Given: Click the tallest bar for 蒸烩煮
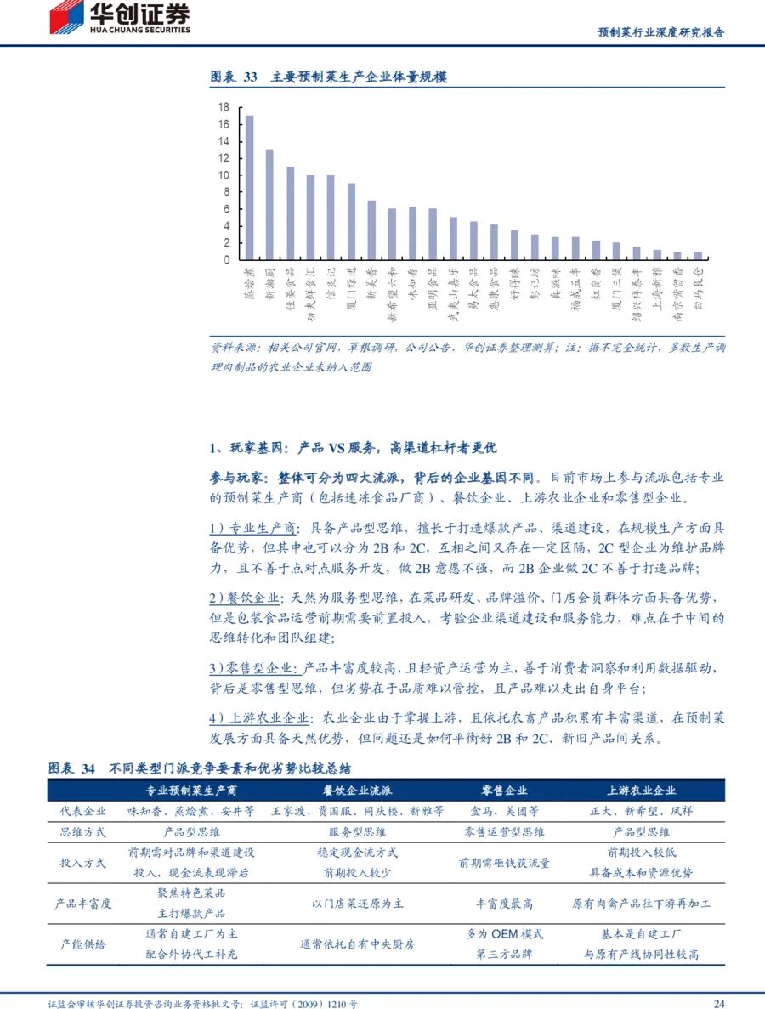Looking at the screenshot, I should tap(249, 187).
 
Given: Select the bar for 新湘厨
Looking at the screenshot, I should tap(269, 204).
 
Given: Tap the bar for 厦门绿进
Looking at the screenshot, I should tap(351, 221).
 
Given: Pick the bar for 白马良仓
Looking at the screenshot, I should tap(698, 255).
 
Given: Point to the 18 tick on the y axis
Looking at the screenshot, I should tap(224, 107).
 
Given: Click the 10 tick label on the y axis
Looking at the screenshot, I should tap(224, 175).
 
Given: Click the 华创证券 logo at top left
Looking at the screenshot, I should tap(119, 18).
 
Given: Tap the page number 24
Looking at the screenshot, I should tap(718, 1004).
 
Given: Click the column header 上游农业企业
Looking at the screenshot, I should tap(641, 790).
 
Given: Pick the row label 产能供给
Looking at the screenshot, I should tap(83, 944).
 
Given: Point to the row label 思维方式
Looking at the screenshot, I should tap(83, 832).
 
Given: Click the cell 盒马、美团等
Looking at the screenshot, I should tap(504, 811).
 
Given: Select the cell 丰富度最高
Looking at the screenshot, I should tap(504, 903).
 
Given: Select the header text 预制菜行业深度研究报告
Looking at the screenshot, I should tap(661, 32).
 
